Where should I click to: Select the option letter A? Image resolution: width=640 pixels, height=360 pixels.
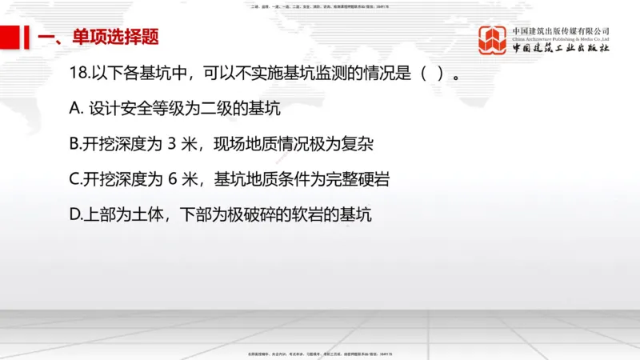pyautogui.click(x=77, y=110)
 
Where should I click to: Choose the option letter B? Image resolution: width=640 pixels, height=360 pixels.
pyautogui.click(x=76, y=145)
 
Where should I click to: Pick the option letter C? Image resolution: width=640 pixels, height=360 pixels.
pyautogui.click(x=76, y=180)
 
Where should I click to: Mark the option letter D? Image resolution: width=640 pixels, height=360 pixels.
pyautogui.click(x=77, y=214)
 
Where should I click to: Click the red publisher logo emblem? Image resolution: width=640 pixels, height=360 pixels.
pyautogui.click(x=493, y=40)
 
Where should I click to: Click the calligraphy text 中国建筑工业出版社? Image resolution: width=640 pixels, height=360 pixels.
pyautogui.click(x=562, y=49)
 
